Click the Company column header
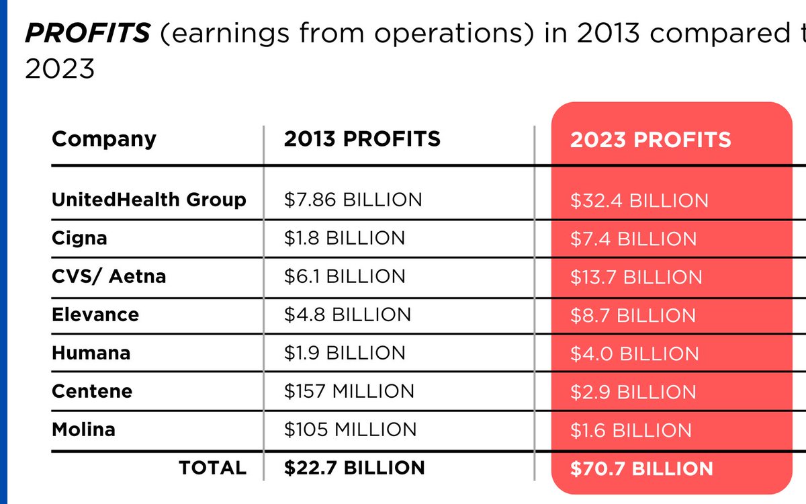point(103,139)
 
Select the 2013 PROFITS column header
point(362,139)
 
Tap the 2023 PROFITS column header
point(650,140)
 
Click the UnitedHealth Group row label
point(148,200)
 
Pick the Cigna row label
point(79,238)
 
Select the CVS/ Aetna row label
point(109,276)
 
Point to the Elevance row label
point(95,314)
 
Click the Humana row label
point(91,353)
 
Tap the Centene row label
point(92,391)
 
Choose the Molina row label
point(83,429)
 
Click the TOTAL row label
point(212,468)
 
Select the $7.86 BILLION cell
point(353,200)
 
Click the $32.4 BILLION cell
point(639,201)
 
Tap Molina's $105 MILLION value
point(350,429)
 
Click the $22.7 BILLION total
point(354,468)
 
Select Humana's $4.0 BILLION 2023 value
point(634,353)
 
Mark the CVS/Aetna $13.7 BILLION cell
point(636,278)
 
